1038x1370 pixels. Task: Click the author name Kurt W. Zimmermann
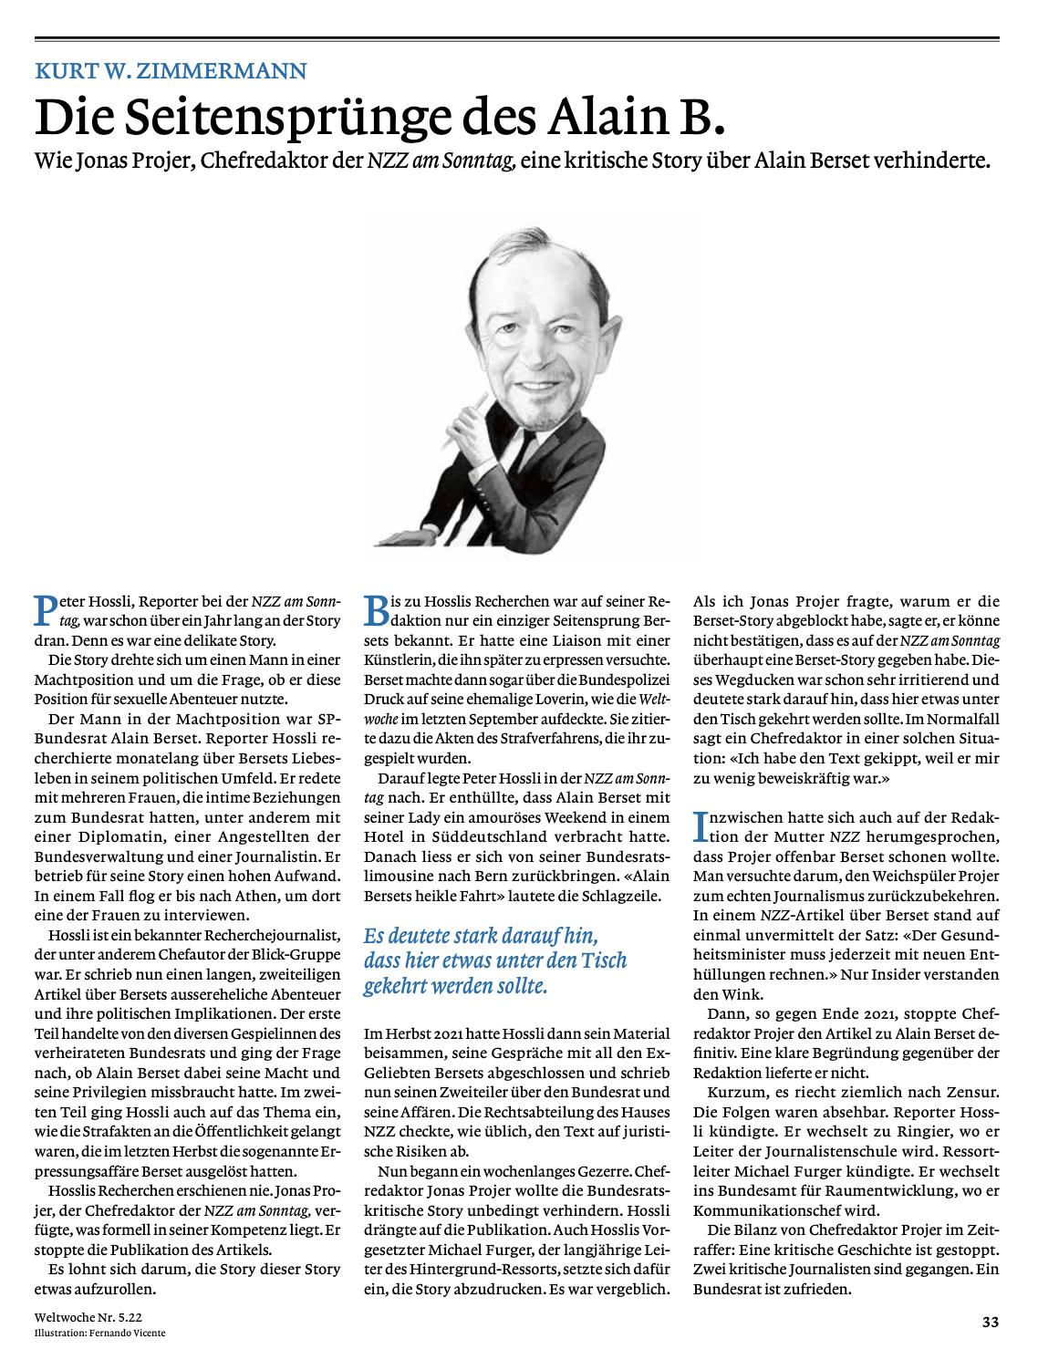(x=171, y=71)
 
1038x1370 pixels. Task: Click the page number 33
(x=991, y=1322)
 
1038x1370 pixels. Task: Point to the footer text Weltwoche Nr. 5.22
(x=88, y=1317)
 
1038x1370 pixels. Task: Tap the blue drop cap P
(x=45, y=610)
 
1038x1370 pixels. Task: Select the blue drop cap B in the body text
(x=376, y=610)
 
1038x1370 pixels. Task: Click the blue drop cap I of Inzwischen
(x=701, y=826)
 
